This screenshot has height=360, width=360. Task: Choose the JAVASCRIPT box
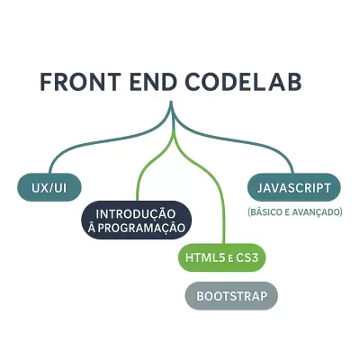pos(294,187)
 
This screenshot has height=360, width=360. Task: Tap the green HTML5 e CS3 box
pos(222,258)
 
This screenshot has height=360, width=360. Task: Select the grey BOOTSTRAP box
pos(231,295)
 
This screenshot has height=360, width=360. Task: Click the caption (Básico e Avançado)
pos(294,212)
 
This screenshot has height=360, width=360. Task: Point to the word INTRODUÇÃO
pos(136,213)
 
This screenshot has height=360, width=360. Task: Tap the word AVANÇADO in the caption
pos(318,212)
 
